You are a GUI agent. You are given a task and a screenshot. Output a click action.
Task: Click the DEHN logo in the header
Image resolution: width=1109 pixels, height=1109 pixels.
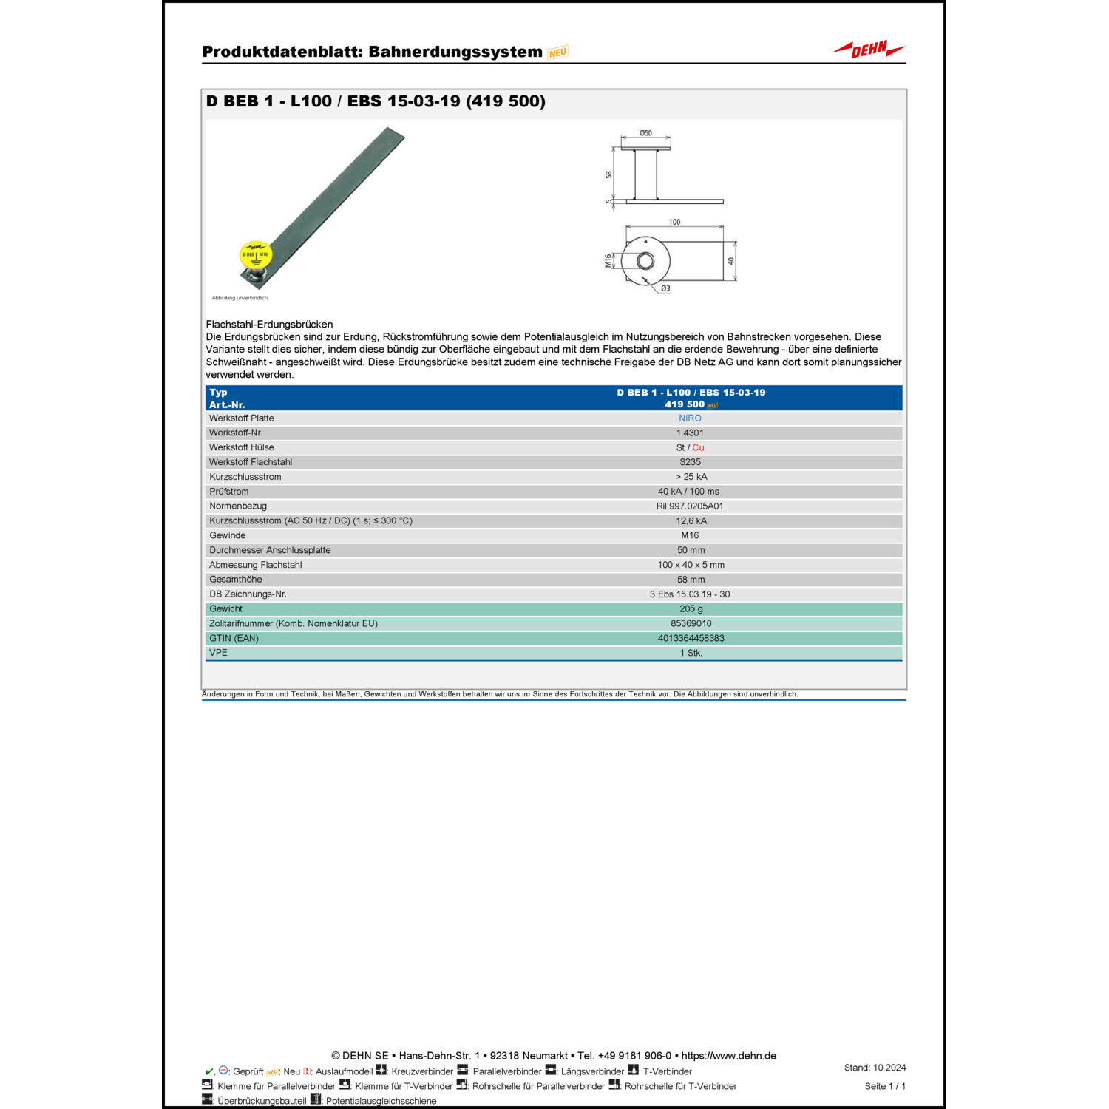[x=869, y=50]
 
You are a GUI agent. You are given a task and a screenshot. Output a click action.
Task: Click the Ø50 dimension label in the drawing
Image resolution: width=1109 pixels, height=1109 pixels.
[x=645, y=133]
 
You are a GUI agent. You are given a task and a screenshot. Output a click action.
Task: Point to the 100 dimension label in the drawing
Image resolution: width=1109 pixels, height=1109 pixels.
[x=674, y=222]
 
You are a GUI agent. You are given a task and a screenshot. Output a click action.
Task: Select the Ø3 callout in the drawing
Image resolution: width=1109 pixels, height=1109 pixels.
[x=665, y=288]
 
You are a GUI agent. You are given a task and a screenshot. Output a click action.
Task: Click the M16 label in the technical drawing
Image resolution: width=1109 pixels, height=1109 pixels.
[x=608, y=261]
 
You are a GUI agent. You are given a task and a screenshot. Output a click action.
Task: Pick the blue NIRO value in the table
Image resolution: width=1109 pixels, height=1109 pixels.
[x=690, y=418]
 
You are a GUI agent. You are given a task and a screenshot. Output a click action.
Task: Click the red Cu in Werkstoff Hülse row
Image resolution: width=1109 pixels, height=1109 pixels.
[x=698, y=448]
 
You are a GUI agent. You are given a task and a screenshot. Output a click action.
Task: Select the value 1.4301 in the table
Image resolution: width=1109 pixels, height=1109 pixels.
[x=690, y=433]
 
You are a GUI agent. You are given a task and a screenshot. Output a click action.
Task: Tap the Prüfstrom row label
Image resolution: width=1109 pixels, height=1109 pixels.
[x=228, y=492]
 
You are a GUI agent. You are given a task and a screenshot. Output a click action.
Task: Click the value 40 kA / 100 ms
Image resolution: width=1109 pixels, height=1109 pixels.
[x=688, y=492]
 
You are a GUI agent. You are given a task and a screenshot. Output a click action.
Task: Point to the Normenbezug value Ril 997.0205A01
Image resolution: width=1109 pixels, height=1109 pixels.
[x=690, y=506]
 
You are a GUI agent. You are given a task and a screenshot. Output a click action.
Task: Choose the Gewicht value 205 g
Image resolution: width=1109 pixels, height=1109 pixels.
[x=691, y=609]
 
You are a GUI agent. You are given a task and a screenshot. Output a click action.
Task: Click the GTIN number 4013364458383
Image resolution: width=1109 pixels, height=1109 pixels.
[x=691, y=639]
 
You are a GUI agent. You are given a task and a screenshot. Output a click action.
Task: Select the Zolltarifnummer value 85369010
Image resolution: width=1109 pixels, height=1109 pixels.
[x=691, y=624]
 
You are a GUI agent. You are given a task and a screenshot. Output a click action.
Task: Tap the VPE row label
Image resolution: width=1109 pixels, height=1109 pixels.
[x=218, y=653]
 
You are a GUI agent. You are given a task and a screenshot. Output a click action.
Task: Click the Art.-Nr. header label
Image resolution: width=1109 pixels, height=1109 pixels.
[x=226, y=405]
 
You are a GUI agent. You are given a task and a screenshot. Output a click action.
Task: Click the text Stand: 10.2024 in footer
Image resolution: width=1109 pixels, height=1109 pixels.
[x=875, y=1068]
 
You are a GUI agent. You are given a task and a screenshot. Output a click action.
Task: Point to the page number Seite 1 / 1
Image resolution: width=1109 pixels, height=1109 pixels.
[x=885, y=1086]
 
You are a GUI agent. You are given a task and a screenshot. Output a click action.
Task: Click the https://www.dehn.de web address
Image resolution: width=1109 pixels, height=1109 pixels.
[x=728, y=1056]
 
